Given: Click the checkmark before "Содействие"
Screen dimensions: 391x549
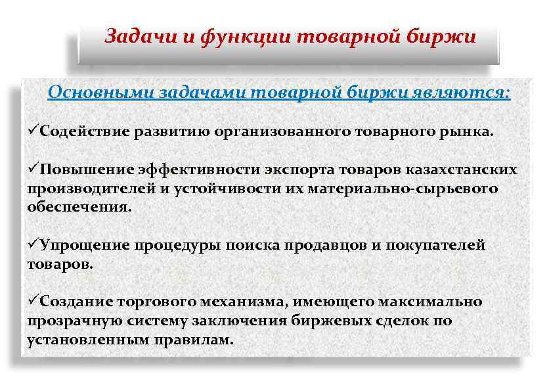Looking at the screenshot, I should (33, 130).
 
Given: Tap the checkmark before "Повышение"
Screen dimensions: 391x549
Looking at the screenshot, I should (33, 170).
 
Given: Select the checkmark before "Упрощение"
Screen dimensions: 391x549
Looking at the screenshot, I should (33, 245).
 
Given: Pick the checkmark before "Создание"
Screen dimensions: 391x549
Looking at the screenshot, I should (33, 302).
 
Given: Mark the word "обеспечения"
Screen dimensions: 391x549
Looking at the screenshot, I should (79, 208).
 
